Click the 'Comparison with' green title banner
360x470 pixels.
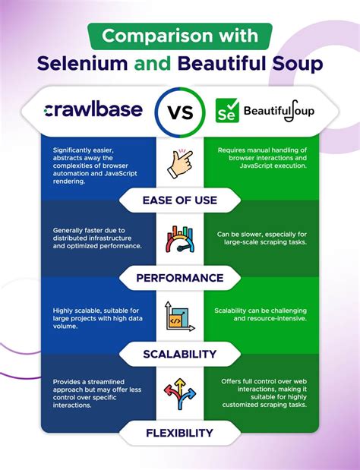[x=179, y=36]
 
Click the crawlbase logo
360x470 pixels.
[x=93, y=110]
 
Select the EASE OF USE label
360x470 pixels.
[x=180, y=201]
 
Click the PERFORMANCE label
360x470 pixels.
[x=180, y=278]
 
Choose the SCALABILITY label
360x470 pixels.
[x=180, y=354]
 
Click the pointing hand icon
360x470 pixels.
[x=180, y=162]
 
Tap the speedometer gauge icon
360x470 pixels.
[x=180, y=240]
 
